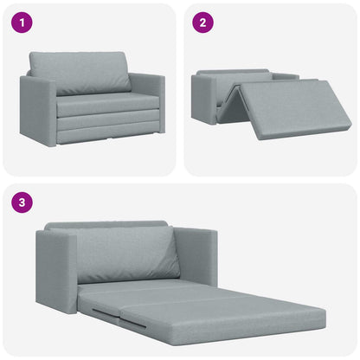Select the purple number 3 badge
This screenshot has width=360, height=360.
pyautogui.click(x=22, y=203)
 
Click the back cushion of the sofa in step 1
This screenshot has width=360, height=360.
pyautogui.click(x=80, y=72)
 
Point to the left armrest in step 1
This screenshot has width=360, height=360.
pyautogui.click(x=37, y=108)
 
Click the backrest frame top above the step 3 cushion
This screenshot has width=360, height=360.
pyautogui.click(x=104, y=226)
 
